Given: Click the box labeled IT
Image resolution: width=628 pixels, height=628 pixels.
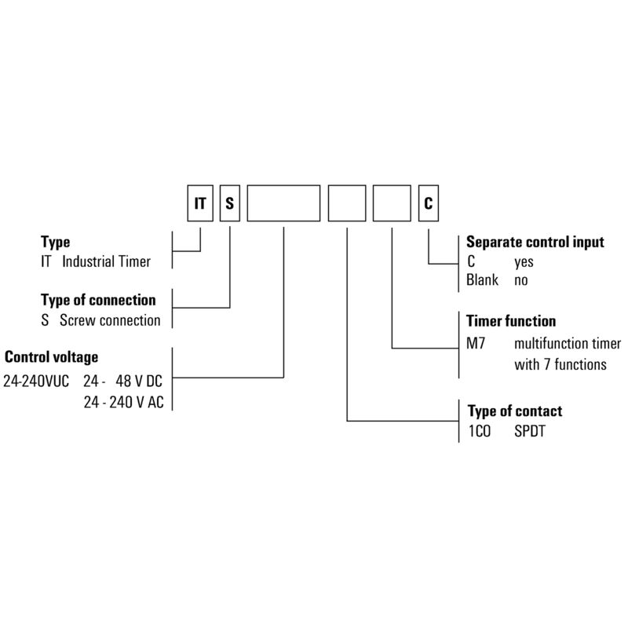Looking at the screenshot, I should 200,204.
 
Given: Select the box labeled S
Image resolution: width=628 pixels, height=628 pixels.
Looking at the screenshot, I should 229,204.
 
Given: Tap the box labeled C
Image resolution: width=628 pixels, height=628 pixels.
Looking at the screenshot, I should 428,204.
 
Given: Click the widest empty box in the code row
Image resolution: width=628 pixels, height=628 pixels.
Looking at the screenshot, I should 283,204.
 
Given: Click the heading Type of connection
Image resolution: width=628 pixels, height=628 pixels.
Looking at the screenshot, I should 98,301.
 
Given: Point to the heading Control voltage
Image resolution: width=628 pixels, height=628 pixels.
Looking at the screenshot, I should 52,358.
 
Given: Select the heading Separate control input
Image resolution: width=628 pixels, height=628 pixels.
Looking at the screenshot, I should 535,243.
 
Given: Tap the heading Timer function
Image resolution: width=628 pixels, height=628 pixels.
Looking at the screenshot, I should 511,321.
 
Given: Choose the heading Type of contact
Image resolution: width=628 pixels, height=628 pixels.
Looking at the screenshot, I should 515,411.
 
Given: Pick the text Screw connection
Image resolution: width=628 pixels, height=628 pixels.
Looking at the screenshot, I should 110,320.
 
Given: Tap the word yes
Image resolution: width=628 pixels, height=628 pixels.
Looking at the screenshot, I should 524,262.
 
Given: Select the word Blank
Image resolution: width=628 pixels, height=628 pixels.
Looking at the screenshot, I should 483,280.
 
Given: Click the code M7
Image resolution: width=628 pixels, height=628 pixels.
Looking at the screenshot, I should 476,343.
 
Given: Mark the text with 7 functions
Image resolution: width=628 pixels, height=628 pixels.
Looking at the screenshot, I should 560,363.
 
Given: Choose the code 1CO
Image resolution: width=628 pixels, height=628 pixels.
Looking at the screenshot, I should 479,431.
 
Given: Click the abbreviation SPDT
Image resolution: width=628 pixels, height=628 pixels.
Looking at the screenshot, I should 530,431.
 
